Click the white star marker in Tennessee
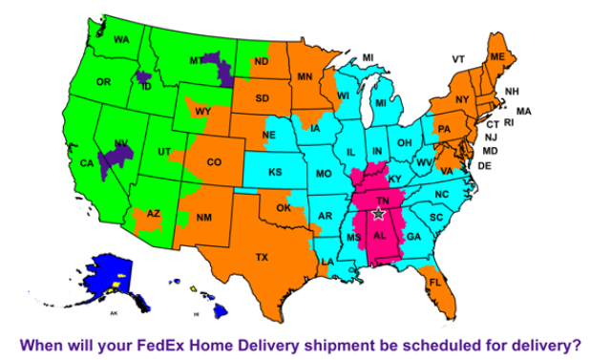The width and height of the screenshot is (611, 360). coord(378,215)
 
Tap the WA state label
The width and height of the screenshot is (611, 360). coord(121,39)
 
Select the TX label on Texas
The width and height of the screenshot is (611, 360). coord(262,257)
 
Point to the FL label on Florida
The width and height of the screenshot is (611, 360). coord(435,283)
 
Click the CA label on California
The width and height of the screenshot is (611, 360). coord(87,163)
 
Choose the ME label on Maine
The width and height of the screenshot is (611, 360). coord(496,57)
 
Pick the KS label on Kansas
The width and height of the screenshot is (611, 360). coord(274,173)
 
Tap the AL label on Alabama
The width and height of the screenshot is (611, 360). coord(379,236)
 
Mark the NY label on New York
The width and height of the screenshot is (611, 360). coord(462,98)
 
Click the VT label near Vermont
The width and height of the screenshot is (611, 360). coord(458,59)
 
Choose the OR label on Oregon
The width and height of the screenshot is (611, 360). coord(103,82)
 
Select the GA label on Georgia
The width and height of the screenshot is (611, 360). coord(412,236)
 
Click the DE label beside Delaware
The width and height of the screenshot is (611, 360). coord(484,165)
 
